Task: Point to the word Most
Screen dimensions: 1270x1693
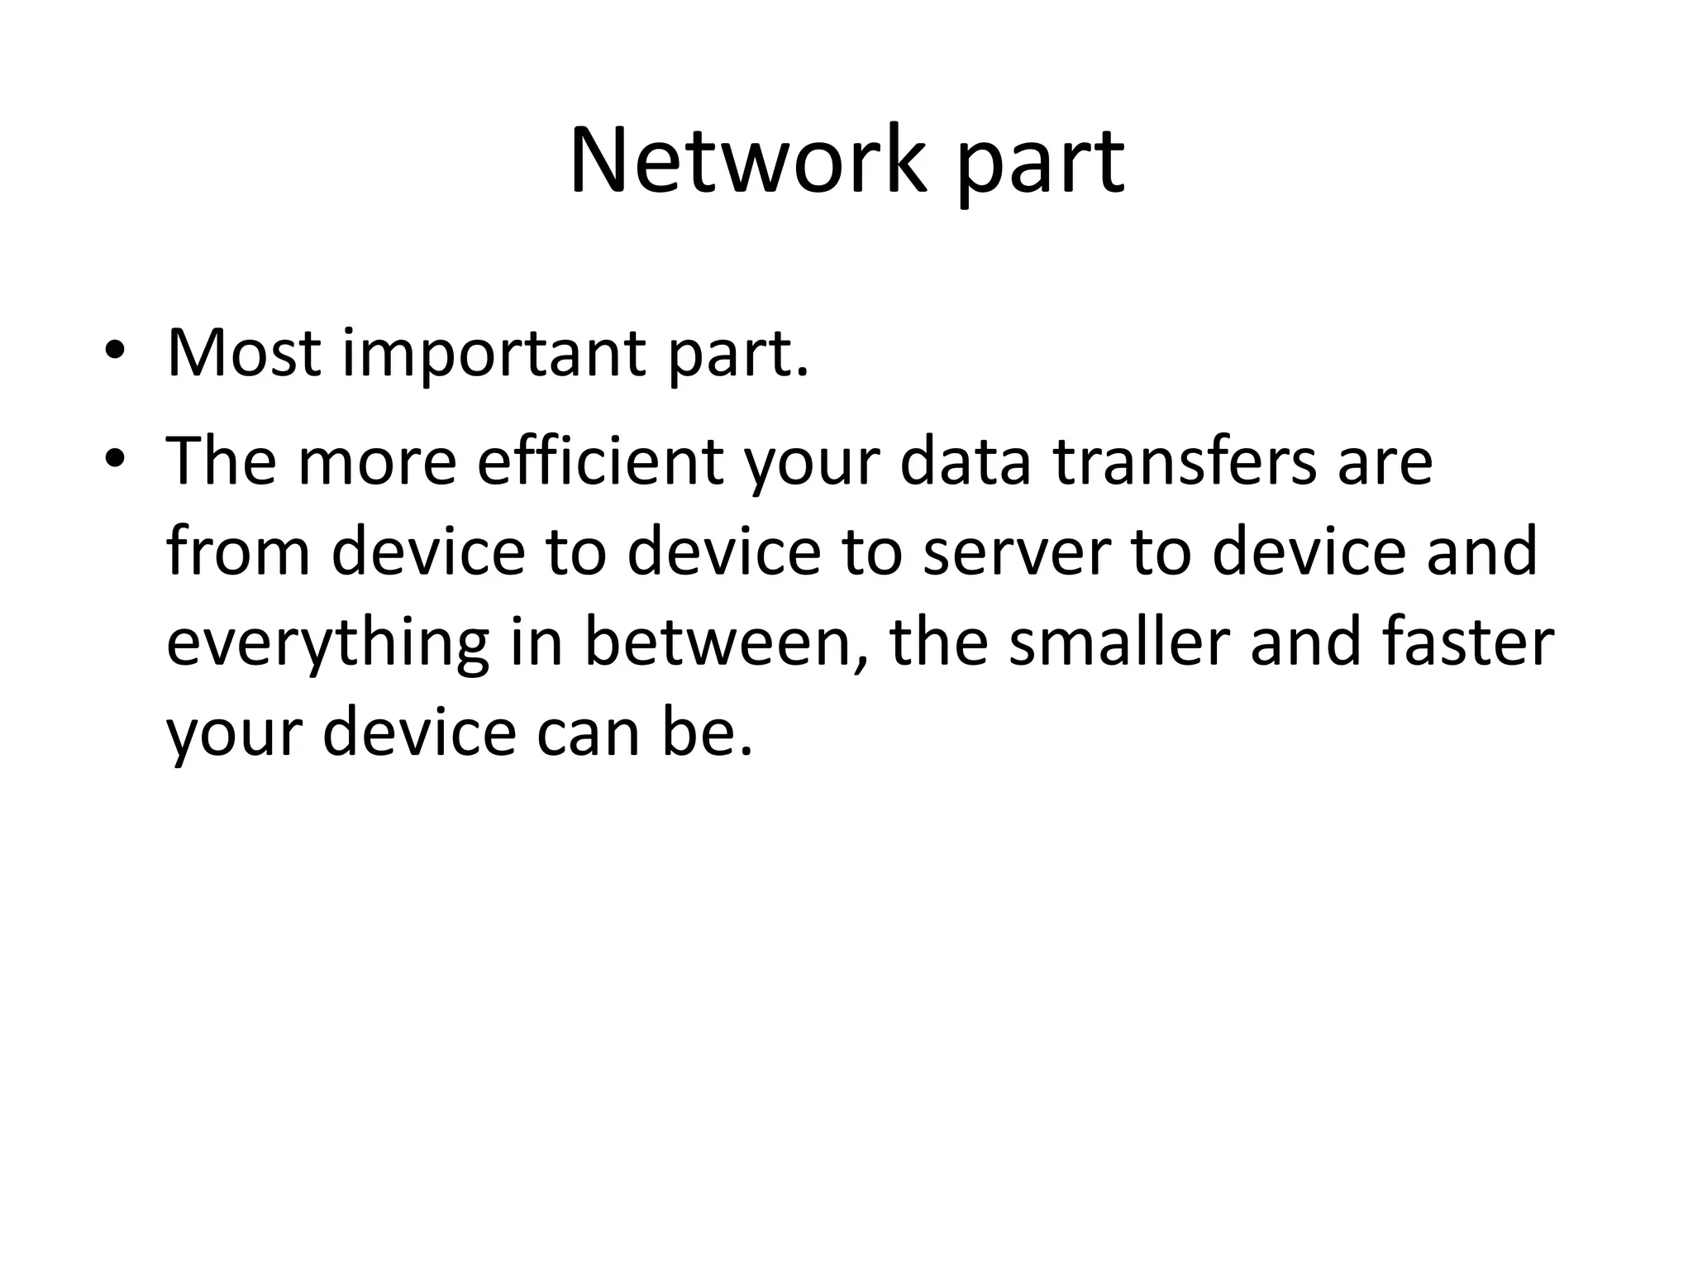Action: pyautogui.click(x=243, y=353)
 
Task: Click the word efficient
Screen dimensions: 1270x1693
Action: pyautogui.click(x=599, y=461)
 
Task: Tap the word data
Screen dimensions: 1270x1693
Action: pyautogui.click(x=965, y=461)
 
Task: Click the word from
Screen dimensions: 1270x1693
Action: pyautogui.click(x=238, y=551)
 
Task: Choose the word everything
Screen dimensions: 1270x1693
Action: pyautogui.click(x=327, y=645)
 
